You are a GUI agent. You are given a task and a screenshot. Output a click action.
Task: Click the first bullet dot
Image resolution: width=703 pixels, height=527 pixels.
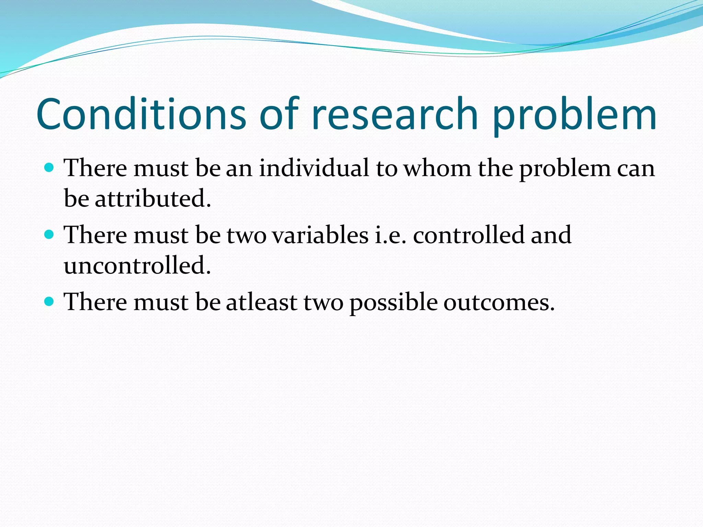point(50,168)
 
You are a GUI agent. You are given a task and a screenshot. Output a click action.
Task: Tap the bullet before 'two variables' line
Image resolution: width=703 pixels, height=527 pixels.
point(50,235)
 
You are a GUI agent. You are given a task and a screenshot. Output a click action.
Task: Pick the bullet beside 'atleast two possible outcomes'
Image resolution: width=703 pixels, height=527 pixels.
point(50,302)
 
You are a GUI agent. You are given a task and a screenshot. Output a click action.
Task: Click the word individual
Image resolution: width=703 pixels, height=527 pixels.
point(314,168)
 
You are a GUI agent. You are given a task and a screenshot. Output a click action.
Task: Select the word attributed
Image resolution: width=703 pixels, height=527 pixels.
point(153,199)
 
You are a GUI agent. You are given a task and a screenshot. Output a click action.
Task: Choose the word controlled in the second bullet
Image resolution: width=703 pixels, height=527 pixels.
point(468,235)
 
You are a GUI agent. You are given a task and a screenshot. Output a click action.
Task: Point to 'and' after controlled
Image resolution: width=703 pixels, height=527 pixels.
point(551,235)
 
